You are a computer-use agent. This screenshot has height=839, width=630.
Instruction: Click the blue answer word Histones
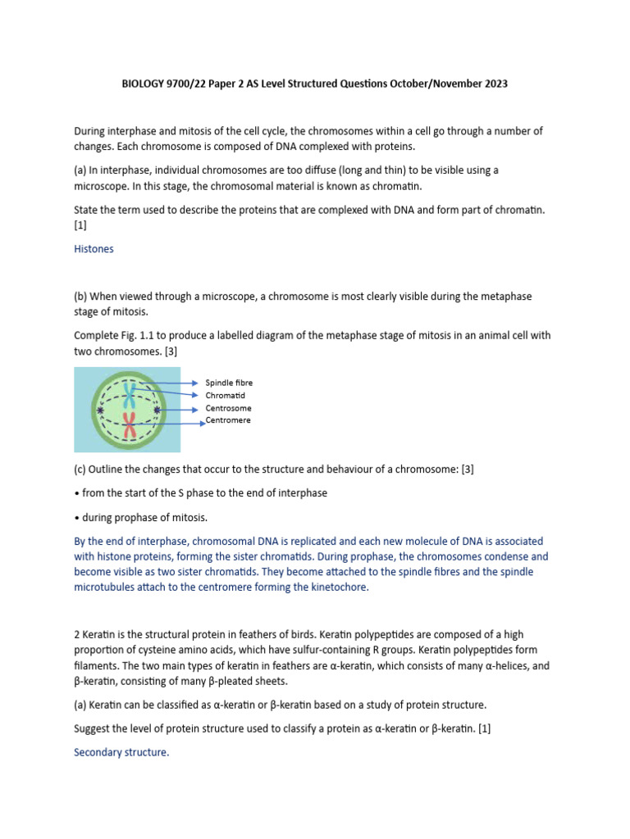point(94,249)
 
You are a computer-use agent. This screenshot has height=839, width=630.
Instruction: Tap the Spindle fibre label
point(229,383)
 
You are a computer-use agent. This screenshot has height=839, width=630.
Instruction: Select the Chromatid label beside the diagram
point(225,395)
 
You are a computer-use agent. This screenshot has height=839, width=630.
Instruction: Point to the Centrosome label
point(228,408)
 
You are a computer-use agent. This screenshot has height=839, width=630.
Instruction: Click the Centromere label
point(228,420)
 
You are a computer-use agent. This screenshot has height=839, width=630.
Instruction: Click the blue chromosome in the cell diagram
point(128,393)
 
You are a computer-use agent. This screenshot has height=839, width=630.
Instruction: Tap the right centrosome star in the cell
point(157,409)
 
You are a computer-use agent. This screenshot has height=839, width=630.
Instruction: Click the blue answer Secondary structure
point(121,751)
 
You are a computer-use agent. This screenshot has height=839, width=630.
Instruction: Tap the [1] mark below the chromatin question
point(80,224)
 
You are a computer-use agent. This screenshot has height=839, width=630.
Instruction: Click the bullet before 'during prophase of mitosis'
point(76,517)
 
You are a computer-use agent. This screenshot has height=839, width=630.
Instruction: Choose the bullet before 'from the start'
point(76,492)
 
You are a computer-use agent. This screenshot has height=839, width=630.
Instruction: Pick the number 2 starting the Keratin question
point(77,635)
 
